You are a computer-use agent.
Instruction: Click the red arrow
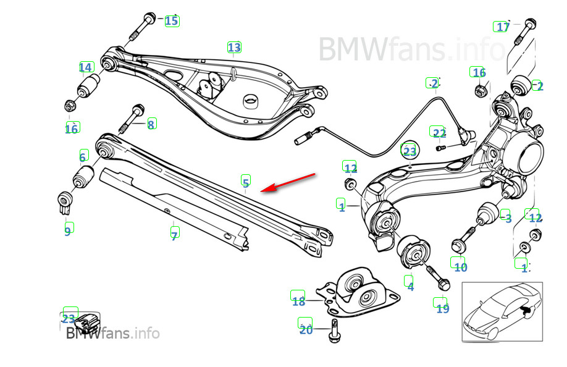290,183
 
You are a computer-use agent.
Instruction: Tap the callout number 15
171,21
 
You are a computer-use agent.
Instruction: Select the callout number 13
234,47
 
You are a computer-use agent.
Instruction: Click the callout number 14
86,67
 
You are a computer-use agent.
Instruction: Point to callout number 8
151,124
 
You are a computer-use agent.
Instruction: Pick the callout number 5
246,182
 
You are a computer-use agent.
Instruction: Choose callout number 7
175,235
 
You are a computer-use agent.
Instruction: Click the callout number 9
67,230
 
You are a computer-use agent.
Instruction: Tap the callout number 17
503,27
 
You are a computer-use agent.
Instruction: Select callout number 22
439,133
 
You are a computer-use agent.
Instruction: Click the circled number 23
409,151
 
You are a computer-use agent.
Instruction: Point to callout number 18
298,302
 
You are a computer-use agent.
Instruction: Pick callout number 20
306,330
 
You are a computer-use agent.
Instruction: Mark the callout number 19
442,308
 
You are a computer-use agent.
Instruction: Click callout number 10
460,267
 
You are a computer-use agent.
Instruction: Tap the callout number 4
410,286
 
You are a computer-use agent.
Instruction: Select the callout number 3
508,218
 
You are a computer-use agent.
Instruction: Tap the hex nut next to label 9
62,201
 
